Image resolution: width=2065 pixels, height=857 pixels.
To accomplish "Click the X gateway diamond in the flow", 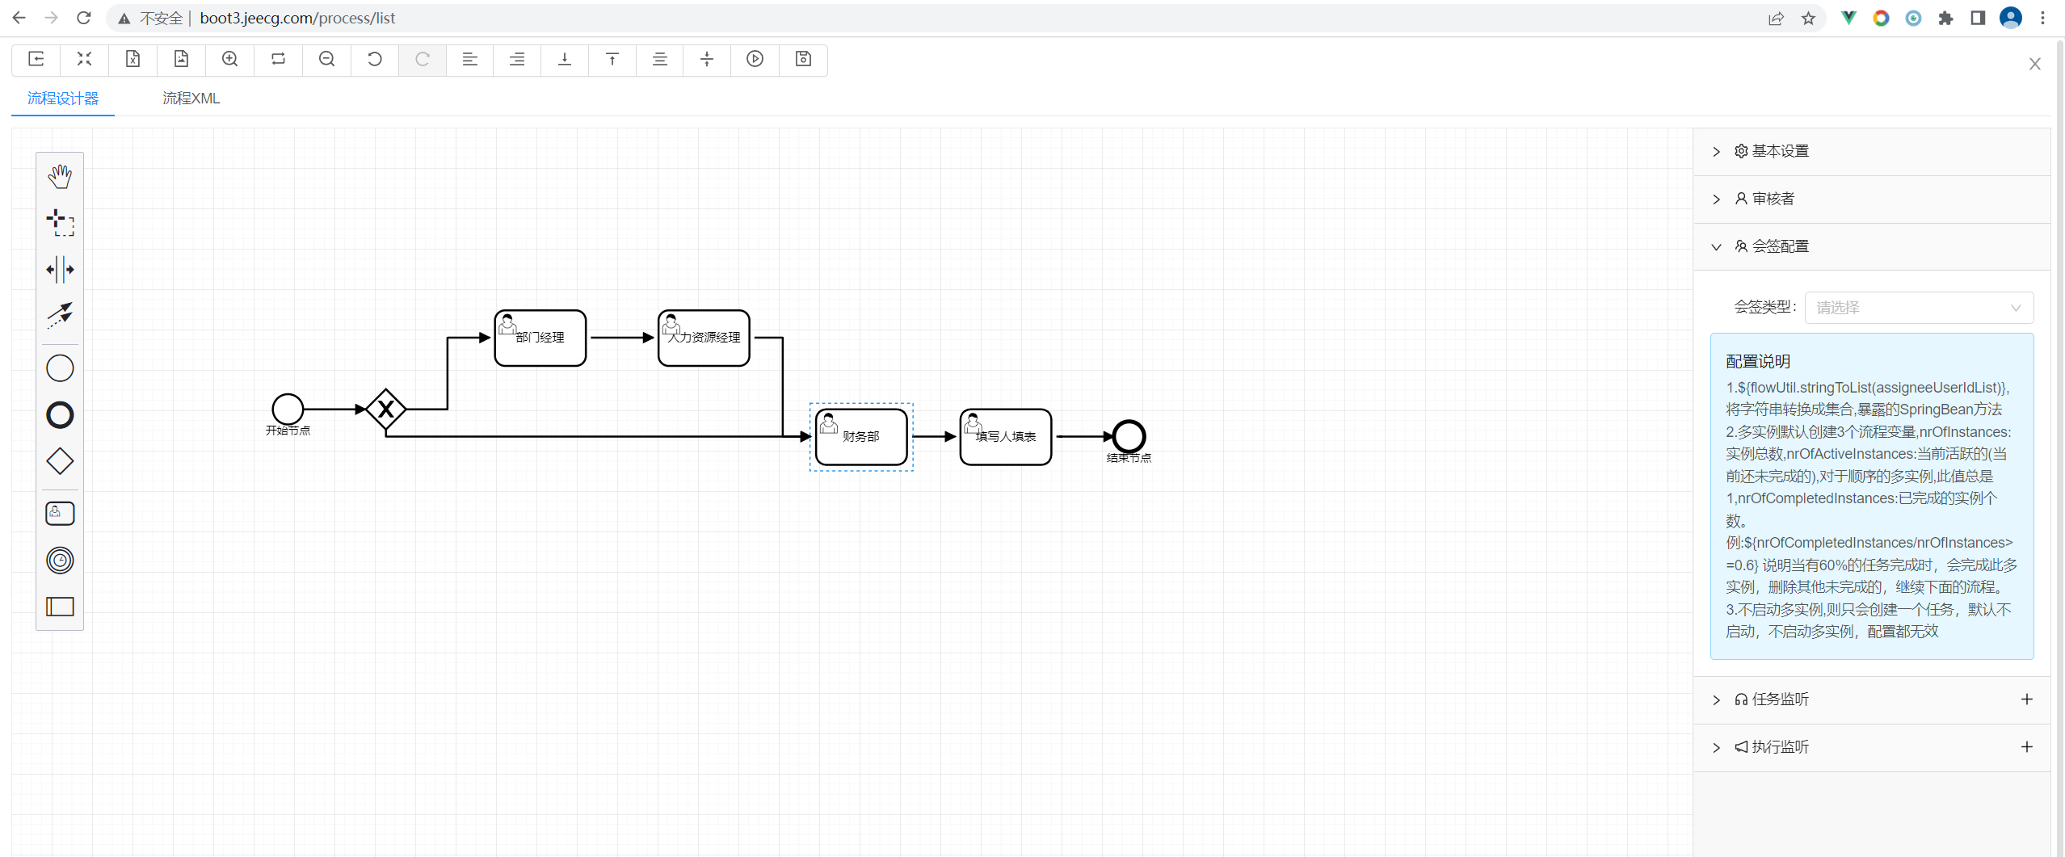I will tap(385, 410).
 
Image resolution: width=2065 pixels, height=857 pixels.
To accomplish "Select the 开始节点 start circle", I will tap(288, 410).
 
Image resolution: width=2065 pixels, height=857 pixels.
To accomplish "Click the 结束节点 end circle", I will tap(1129, 437).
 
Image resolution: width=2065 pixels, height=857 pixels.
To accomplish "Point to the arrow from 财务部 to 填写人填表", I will tap(934, 437).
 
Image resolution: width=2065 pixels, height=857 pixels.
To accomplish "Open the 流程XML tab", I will tap(191, 99).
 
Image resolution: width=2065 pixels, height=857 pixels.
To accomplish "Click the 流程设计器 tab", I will tap(63, 99).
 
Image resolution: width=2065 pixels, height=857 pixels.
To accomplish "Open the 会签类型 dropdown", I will tap(1918, 308).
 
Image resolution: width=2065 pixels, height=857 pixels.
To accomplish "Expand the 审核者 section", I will tap(1773, 200).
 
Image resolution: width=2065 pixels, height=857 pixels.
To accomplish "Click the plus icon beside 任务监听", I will tap(2026, 699).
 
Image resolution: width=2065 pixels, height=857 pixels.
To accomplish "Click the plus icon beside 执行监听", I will tap(2026, 747).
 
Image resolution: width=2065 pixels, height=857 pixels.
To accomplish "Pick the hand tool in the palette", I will tap(60, 176).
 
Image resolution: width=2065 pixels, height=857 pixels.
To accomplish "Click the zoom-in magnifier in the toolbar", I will tap(230, 59).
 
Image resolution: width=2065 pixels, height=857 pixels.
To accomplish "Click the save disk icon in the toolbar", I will tap(803, 59).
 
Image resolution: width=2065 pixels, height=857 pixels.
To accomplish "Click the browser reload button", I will tap(83, 18).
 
